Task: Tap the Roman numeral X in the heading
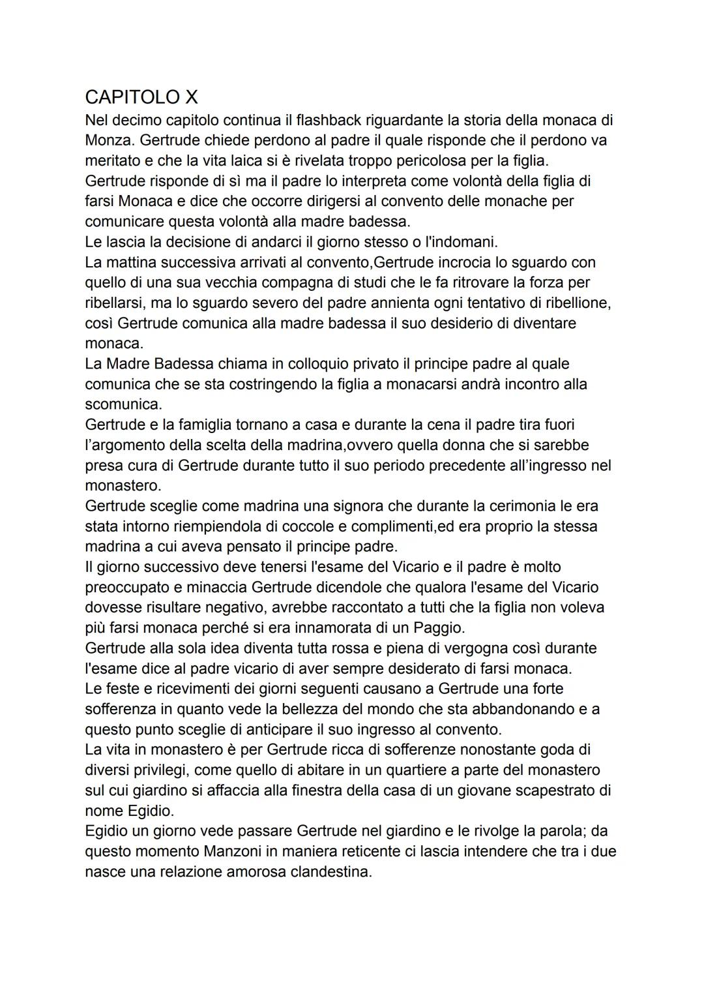(191, 97)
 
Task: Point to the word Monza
(108, 140)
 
